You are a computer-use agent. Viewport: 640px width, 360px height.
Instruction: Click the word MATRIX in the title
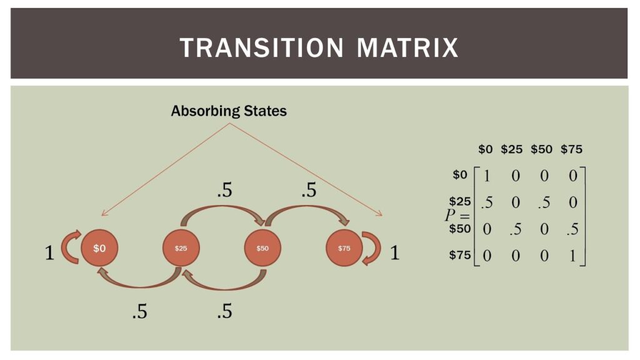[x=409, y=47]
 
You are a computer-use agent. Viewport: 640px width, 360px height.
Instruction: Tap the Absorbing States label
[x=229, y=111]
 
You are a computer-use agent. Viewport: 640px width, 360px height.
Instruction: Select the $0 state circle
[x=99, y=248]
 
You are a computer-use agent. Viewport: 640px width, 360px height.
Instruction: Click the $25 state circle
[x=181, y=248]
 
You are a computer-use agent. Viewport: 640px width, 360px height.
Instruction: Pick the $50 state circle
[x=262, y=248]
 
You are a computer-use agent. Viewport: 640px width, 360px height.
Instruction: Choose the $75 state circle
[x=344, y=248]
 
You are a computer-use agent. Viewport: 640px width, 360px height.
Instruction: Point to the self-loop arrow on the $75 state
[x=372, y=248]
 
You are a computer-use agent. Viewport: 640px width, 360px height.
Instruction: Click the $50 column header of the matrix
[x=541, y=149]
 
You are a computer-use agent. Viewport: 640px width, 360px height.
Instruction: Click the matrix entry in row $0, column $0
[x=487, y=176]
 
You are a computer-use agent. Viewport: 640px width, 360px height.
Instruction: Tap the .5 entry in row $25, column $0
[x=486, y=202]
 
